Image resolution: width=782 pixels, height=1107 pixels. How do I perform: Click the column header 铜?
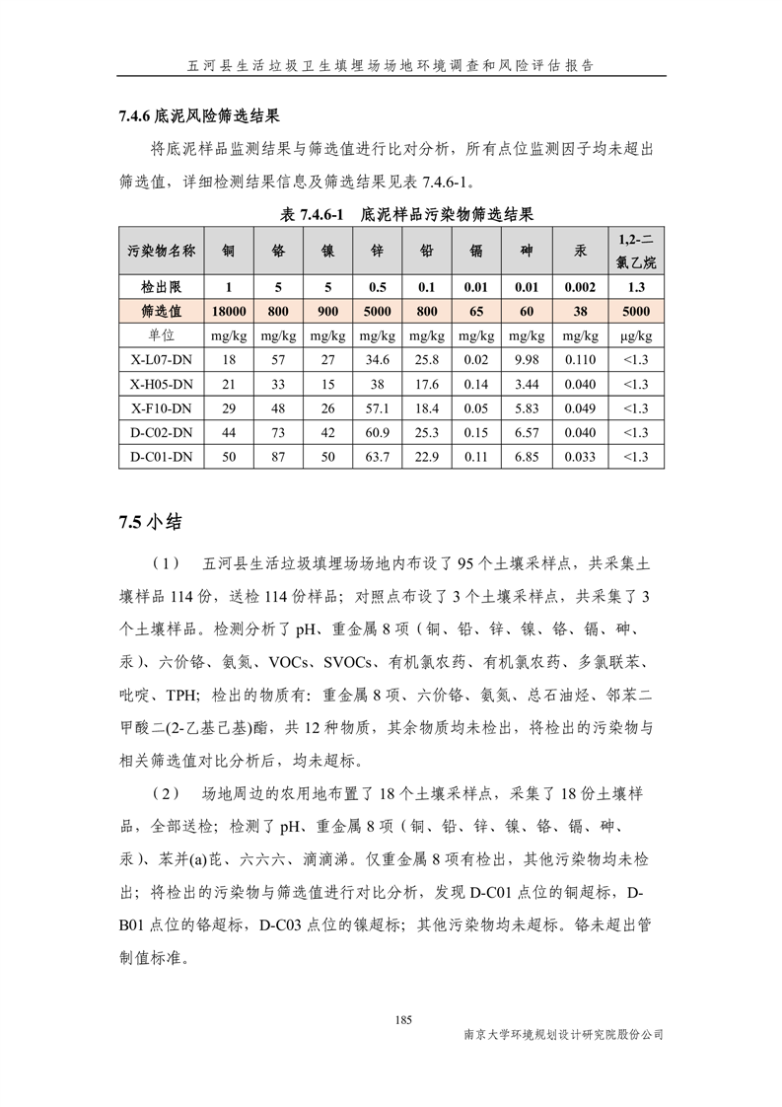coord(229,251)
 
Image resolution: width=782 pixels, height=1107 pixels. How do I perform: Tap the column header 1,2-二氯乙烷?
coord(636,251)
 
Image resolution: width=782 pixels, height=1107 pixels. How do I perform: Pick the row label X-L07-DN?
coord(161,360)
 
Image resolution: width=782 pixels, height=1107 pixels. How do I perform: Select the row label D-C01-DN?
coord(161,457)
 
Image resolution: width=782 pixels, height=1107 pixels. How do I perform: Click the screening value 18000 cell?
coord(229,312)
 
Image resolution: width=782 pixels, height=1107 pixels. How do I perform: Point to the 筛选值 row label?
coord(161,312)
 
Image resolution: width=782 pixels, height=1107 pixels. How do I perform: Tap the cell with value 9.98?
coord(527,360)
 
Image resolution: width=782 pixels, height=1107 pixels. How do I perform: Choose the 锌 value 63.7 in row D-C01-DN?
coord(378,457)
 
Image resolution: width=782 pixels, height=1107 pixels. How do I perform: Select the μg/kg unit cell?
coord(636,336)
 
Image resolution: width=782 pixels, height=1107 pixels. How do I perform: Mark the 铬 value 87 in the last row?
coord(278,457)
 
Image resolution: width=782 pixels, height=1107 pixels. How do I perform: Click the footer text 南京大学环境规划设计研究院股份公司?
coord(563,1035)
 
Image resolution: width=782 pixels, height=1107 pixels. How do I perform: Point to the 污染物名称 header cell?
coord(161,251)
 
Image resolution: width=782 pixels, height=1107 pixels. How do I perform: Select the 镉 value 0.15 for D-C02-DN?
coord(477,433)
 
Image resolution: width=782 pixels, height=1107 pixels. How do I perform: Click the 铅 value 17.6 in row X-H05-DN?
coord(427,384)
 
